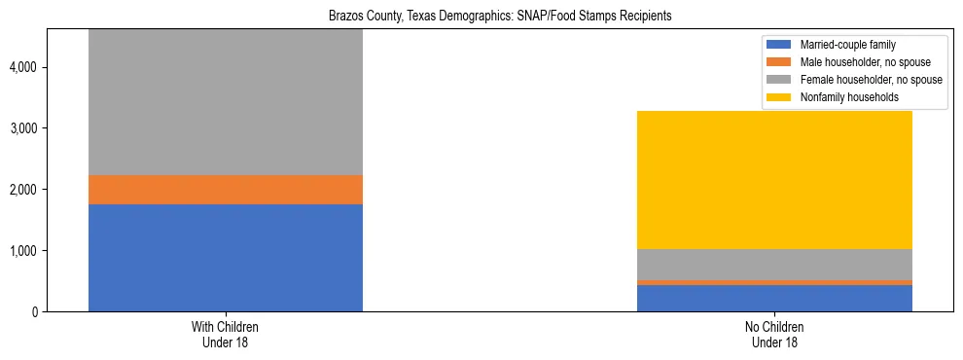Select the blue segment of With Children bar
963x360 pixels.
225,258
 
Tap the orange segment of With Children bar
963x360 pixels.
225,190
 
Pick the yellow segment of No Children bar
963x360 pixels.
774,180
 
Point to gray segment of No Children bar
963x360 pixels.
774,265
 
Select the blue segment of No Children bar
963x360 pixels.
774,298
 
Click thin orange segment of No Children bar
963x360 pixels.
774,282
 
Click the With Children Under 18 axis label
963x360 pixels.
225,334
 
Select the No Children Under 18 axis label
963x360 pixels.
774,334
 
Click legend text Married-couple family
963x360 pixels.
847,45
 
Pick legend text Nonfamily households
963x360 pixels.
842,97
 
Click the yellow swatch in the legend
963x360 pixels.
779,97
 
